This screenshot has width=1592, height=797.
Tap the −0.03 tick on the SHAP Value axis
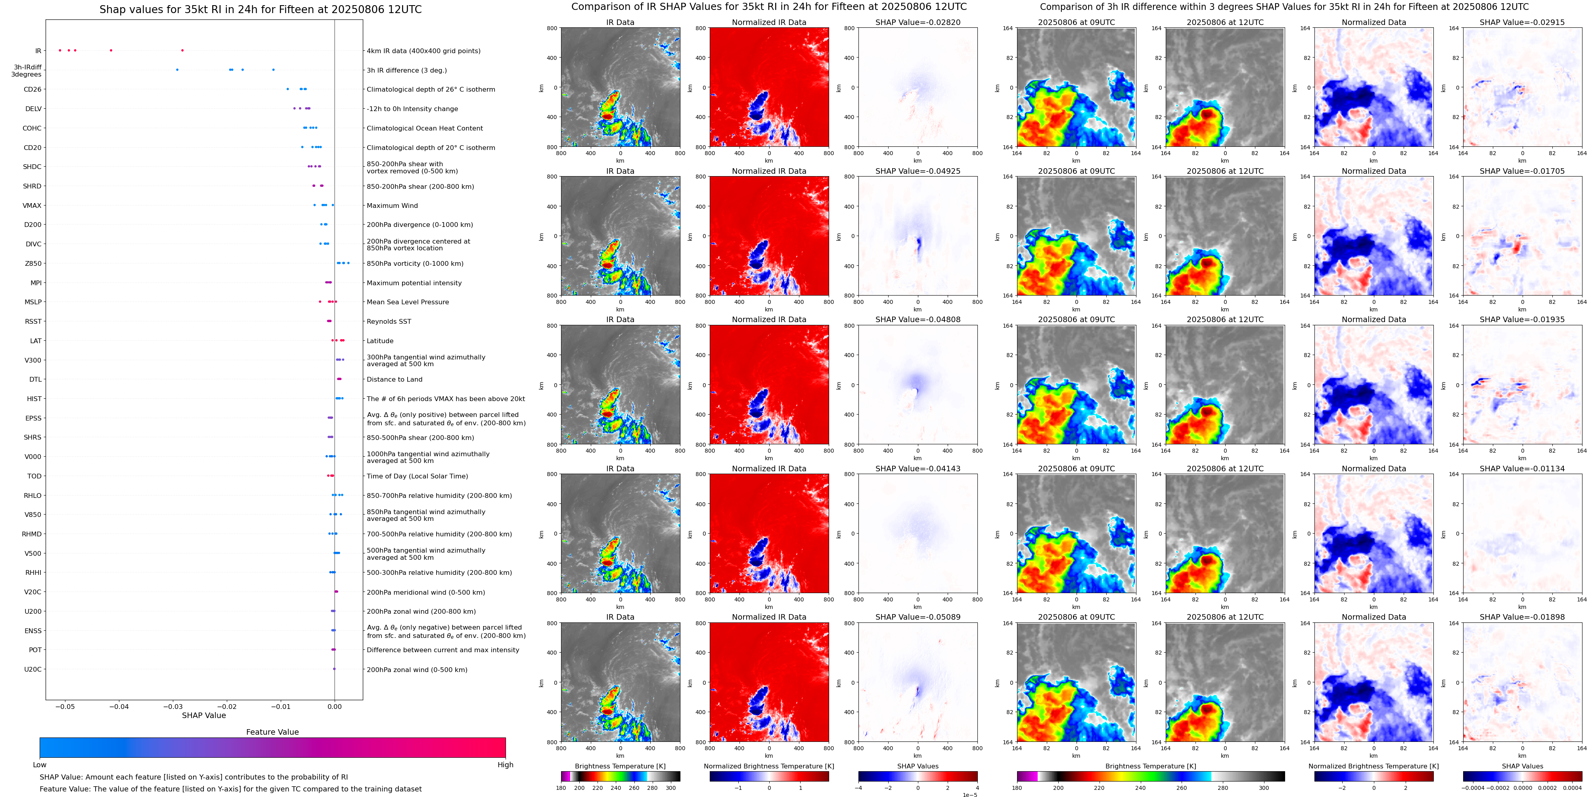(173, 707)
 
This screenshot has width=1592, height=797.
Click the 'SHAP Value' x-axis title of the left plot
(204, 715)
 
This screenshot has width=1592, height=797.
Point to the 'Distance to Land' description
(394, 380)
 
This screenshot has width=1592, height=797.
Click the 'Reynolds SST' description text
(389, 321)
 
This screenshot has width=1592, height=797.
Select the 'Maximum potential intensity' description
(414, 283)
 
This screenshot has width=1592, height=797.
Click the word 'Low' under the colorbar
(40, 765)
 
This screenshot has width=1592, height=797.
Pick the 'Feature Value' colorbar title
(272, 732)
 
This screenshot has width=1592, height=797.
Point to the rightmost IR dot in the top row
(182, 50)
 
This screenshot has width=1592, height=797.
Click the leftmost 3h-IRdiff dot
(177, 70)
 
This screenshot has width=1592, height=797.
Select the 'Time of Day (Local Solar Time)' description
(417, 476)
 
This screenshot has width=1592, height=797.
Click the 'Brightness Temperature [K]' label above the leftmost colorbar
(620, 766)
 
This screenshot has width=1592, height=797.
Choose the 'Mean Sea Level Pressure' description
(408, 302)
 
